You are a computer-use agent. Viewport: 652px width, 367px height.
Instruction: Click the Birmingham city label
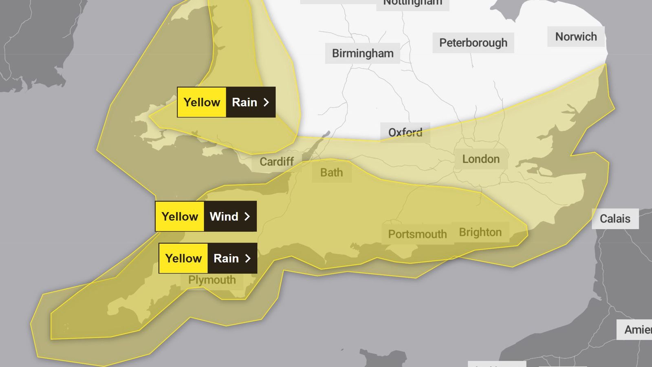click(363, 53)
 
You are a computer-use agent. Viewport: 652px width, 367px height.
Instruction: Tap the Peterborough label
click(473, 43)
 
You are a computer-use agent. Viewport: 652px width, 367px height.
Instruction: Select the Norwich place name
click(576, 37)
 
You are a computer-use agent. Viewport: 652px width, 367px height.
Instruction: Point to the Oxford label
click(405, 133)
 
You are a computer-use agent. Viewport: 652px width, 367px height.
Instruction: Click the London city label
click(481, 159)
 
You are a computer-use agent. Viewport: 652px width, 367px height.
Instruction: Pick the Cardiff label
click(277, 162)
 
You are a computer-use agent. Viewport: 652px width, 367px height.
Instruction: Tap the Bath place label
click(331, 173)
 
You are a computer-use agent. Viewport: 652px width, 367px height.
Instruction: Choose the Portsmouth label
click(417, 234)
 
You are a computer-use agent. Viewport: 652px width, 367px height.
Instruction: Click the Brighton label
click(480, 232)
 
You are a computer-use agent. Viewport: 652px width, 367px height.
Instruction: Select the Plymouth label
click(212, 280)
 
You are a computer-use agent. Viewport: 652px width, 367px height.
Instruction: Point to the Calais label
click(615, 219)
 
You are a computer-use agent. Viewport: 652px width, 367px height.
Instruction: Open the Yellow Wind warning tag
click(206, 216)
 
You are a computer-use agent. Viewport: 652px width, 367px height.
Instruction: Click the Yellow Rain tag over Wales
click(226, 102)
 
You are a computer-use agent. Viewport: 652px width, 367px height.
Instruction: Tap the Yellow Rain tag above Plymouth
click(208, 258)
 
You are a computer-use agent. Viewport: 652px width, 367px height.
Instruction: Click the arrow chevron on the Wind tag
click(247, 217)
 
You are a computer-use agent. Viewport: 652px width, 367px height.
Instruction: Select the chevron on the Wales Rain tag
click(266, 102)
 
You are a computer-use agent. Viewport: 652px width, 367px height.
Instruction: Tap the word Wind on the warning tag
click(224, 217)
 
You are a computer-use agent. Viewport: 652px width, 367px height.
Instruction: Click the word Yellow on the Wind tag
click(180, 217)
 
